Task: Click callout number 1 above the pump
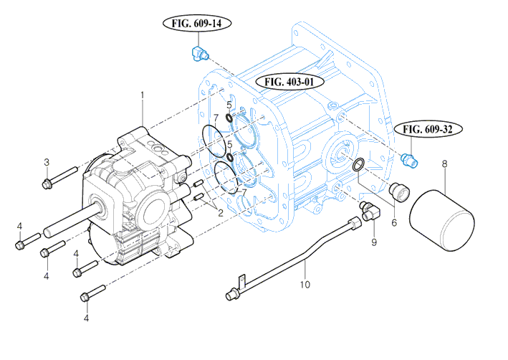coord(143,95)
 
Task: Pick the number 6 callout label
coord(393,223)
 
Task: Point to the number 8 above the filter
coord(444,164)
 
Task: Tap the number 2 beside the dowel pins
coord(221,213)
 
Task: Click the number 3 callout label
coord(47,161)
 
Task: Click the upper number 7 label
coord(215,117)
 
